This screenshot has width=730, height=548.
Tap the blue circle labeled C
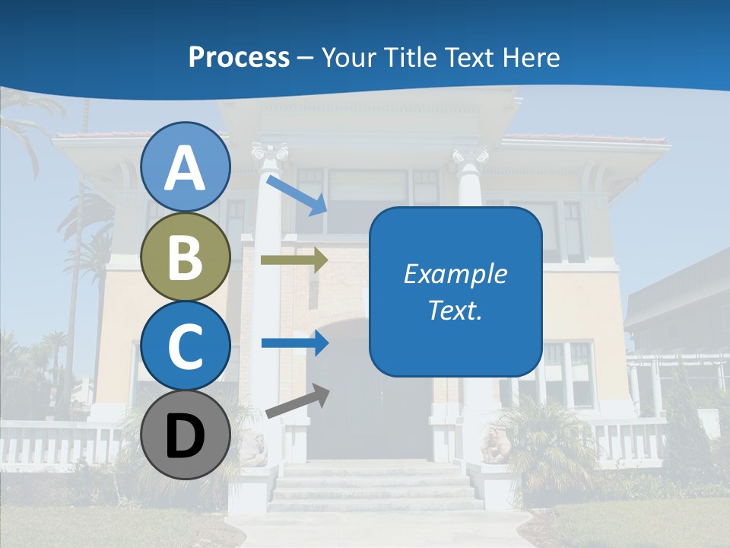click(186, 346)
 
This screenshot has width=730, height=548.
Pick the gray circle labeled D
click(186, 435)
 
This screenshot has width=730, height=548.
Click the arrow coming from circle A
click(297, 195)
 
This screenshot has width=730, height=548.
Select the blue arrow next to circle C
click(294, 342)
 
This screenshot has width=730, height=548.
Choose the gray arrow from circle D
click(297, 402)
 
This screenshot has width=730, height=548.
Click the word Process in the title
click(239, 57)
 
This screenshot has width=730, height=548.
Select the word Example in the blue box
click(455, 273)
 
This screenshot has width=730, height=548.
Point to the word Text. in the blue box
click(455, 310)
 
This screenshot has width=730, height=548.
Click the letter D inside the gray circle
click(186, 437)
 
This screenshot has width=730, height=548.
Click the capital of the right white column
click(470, 158)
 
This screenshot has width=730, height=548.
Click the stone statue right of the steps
click(496, 446)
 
